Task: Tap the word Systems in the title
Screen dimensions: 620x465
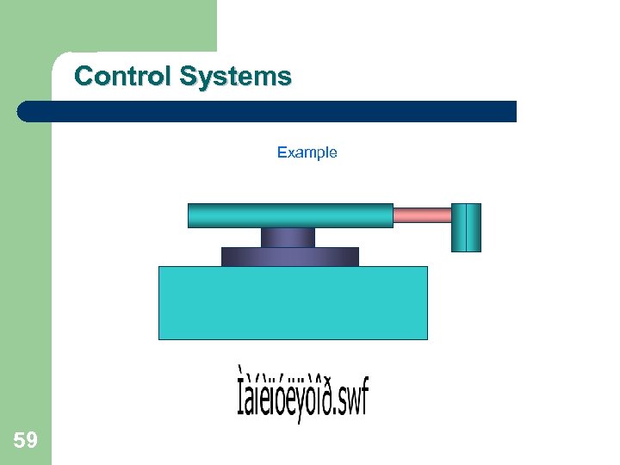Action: tap(235, 77)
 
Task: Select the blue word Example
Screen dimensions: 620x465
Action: tap(307, 152)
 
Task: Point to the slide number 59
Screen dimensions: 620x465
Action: tap(25, 442)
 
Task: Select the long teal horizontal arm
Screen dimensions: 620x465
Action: tap(290, 215)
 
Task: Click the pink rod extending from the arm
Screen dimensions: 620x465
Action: tap(422, 215)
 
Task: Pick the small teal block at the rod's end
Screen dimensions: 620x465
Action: tap(466, 227)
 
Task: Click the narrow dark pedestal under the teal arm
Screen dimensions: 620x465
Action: tap(288, 238)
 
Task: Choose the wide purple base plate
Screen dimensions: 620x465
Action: tap(289, 257)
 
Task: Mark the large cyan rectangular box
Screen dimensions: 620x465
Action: tap(293, 302)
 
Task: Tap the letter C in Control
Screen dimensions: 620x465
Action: tap(84, 77)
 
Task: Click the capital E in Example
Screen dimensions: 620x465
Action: tap(282, 152)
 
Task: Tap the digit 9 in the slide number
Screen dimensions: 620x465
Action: tap(31, 442)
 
